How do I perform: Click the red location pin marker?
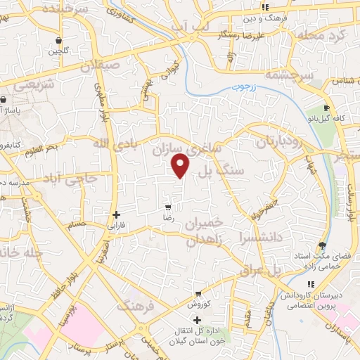[x=181, y=166]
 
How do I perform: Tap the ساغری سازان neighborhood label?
[x=186, y=149]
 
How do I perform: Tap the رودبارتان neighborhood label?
[x=276, y=141]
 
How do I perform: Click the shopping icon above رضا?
[x=167, y=207]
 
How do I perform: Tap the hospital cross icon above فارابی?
[x=116, y=214]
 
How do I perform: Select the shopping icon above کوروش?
[x=199, y=294]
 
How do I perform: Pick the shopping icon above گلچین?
[x=57, y=41]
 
